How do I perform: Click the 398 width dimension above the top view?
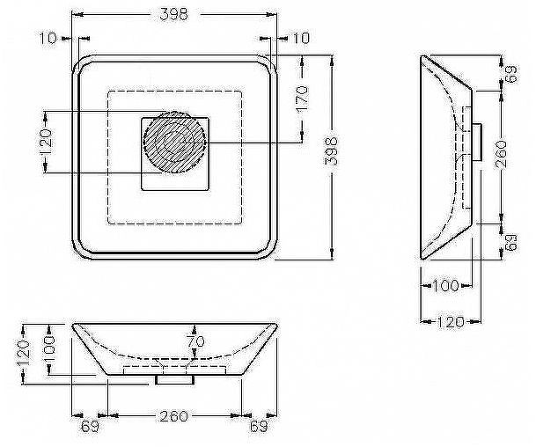174,14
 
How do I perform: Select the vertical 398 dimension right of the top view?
331,151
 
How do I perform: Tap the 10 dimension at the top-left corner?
48,38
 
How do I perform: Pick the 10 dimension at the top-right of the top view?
301,38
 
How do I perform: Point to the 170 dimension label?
302,99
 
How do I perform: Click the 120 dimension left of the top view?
46,143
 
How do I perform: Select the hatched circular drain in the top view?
174,143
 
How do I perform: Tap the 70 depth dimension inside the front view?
195,341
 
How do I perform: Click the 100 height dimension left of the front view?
48,345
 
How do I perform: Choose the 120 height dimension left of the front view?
24,353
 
